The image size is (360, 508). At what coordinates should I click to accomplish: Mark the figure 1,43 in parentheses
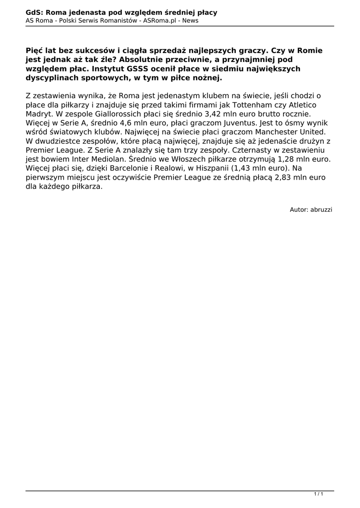point(238,169)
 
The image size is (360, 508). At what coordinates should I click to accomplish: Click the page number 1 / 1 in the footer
point(319,494)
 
